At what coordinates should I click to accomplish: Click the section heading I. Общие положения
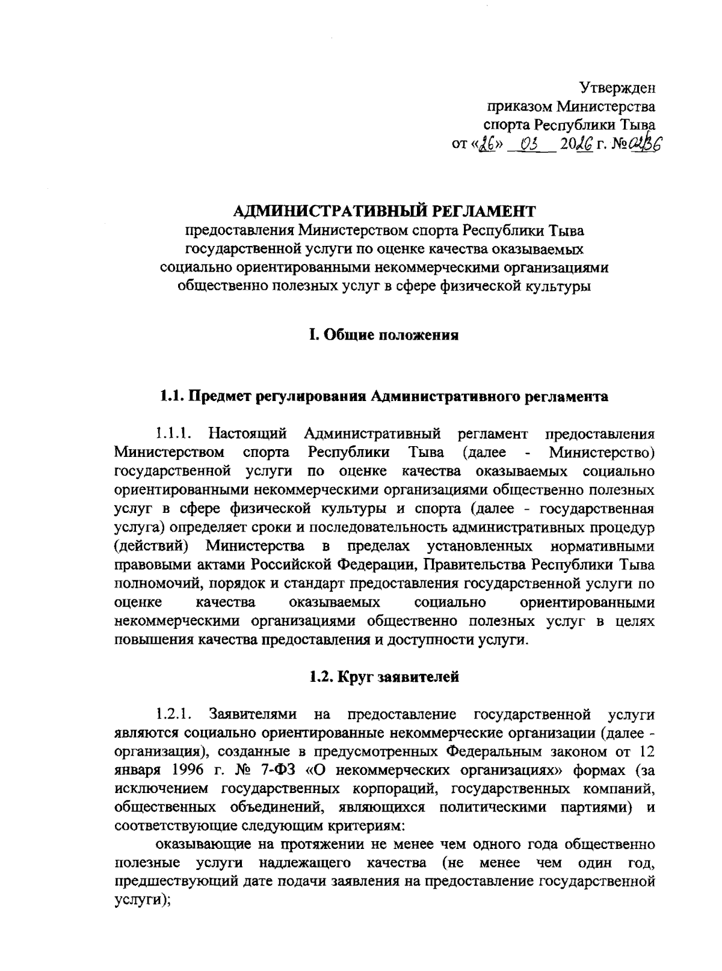coord(384,335)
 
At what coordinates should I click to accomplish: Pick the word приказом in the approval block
coord(518,108)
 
